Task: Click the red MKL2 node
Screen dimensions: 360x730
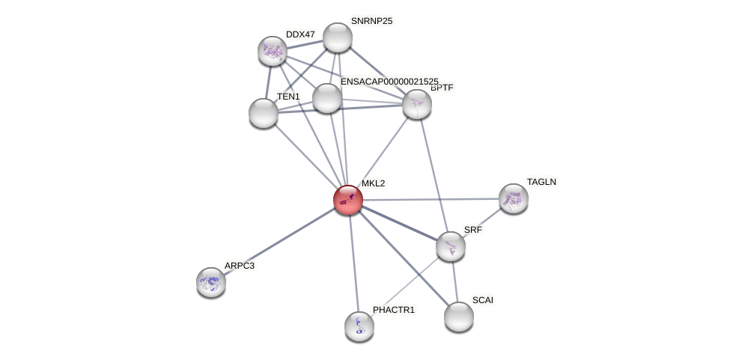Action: (348, 200)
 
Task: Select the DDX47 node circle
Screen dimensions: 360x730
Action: (273, 51)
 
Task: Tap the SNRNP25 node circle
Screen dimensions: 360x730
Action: (338, 37)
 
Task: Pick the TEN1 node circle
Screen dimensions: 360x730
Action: (264, 113)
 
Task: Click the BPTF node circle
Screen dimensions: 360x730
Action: (417, 104)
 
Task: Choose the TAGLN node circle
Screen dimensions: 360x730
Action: (514, 198)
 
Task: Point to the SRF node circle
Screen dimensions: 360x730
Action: (451, 246)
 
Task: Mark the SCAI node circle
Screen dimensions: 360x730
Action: (459, 316)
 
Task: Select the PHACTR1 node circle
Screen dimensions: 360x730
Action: (359, 326)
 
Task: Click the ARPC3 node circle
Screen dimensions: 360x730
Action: (211, 281)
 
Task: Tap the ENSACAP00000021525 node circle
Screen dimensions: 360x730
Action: (327, 98)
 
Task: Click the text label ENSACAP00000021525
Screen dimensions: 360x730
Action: (389, 81)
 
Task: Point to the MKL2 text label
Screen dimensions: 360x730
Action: (373, 183)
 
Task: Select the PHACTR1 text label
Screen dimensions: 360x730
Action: (393, 310)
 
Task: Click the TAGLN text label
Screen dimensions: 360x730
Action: (541, 182)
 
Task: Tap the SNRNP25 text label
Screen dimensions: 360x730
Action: (371, 21)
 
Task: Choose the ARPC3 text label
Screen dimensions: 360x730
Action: (240, 266)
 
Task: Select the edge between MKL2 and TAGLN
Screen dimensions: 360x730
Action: (431, 199)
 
